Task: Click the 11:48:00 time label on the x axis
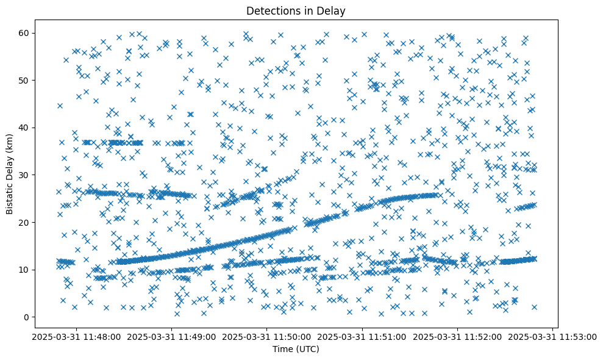tap(77, 336)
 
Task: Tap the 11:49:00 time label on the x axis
tap(172, 336)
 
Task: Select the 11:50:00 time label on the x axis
tap(267, 336)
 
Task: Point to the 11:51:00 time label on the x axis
tap(363, 336)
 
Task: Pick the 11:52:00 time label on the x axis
tap(458, 336)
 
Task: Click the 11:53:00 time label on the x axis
tap(553, 336)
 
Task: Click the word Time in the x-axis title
tap(282, 350)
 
